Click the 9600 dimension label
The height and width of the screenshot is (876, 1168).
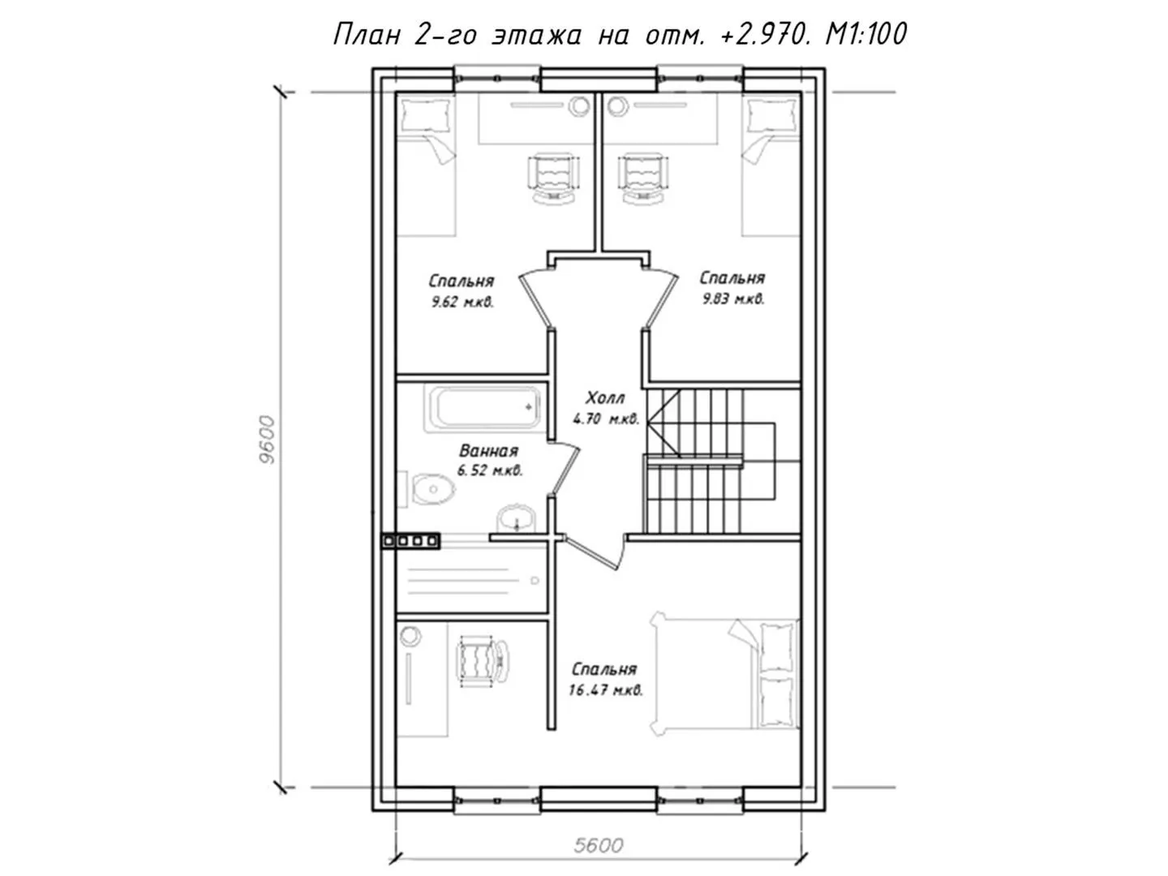point(268,440)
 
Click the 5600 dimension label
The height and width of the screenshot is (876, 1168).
point(599,845)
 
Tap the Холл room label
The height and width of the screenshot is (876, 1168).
point(605,397)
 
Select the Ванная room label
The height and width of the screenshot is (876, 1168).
point(488,451)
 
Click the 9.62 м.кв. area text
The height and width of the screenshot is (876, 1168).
point(463,302)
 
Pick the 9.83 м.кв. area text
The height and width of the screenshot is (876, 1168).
point(733,299)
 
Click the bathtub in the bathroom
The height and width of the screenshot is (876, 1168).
point(483,408)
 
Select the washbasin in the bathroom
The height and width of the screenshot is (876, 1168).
point(517,517)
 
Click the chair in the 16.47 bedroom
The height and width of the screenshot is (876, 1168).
point(483,662)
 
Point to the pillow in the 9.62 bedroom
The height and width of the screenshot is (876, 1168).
point(426,114)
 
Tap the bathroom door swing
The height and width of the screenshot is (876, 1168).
point(564,468)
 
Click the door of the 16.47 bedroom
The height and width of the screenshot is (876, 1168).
point(596,552)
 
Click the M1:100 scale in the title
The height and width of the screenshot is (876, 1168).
point(865,35)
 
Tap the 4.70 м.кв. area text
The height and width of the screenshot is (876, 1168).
point(606,419)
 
